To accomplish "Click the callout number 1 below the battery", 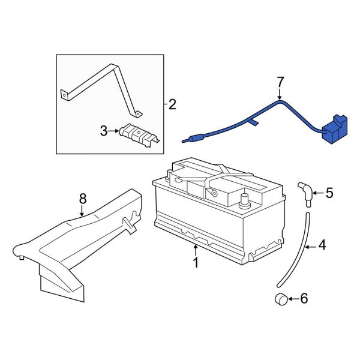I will click(x=194, y=262).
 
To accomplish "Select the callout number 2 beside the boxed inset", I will click(x=172, y=105).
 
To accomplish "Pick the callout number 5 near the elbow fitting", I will click(x=329, y=193).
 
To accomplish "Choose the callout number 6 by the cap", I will click(x=303, y=298).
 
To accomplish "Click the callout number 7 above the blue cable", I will click(x=280, y=80).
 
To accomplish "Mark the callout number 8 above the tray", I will click(x=83, y=198).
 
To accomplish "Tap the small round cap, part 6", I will click(x=280, y=299).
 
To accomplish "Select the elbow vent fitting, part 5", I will click(x=305, y=194).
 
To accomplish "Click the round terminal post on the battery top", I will click(x=244, y=199).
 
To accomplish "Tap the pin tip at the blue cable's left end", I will click(x=184, y=142).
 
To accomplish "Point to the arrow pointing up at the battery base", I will click(x=194, y=247).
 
